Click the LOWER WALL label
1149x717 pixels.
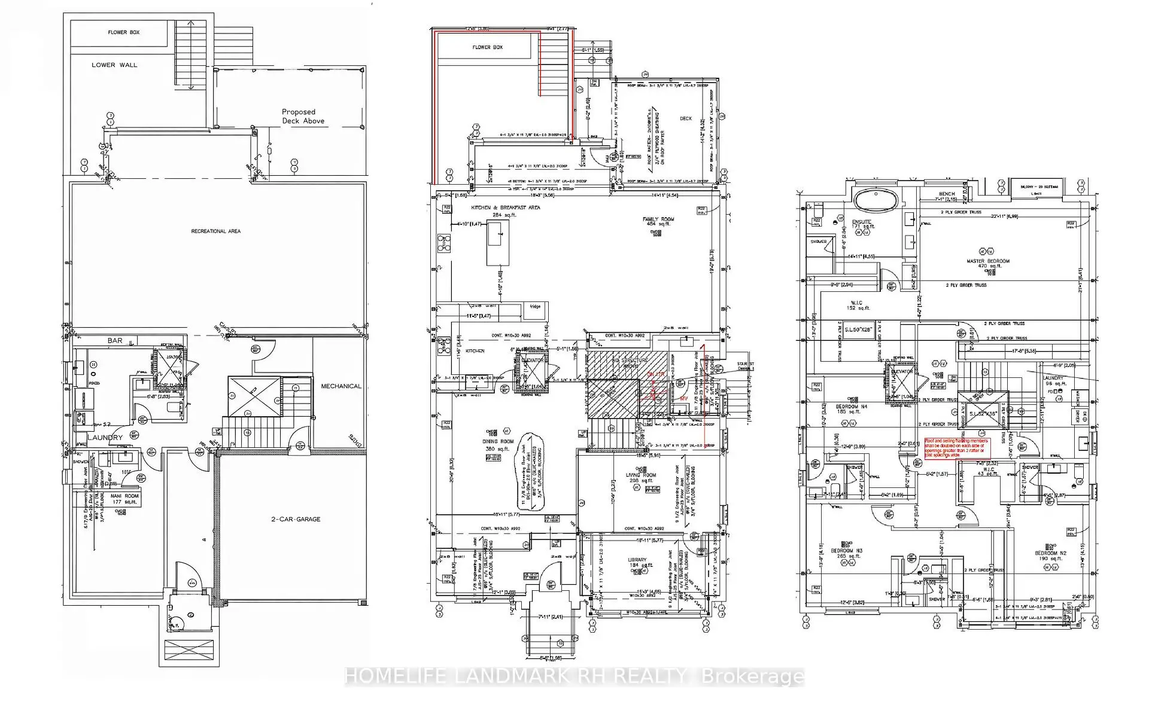click(x=114, y=65)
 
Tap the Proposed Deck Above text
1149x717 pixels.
click(x=303, y=117)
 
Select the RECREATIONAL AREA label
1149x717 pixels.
click(x=215, y=231)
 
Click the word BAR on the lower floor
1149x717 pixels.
click(x=115, y=341)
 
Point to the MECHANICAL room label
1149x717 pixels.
click(x=341, y=386)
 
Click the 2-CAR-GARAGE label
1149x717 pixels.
click(x=296, y=519)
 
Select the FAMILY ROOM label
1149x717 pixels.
click(x=658, y=219)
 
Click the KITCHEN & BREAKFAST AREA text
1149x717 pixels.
click(x=505, y=208)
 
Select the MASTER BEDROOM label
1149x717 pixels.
click(x=987, y=261)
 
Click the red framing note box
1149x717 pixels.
click(x=957, y=448)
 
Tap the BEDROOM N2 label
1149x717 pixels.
click(x=1050, y=554)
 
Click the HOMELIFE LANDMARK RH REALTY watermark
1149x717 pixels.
click(x=574, y=677)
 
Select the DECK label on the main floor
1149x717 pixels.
click(x=685, y=118)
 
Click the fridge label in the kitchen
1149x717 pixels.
click(x=534, y=307)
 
